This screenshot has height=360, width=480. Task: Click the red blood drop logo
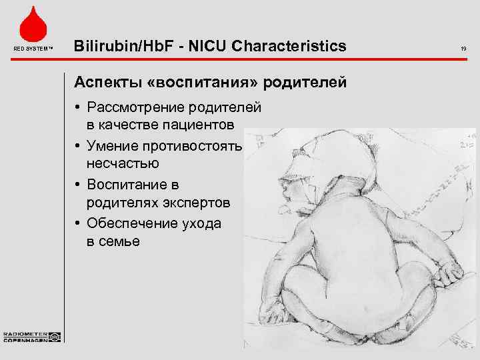pos(31,23)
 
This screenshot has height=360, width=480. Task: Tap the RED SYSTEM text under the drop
pos(31,49)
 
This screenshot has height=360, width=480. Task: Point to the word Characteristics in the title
pos(294,46)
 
